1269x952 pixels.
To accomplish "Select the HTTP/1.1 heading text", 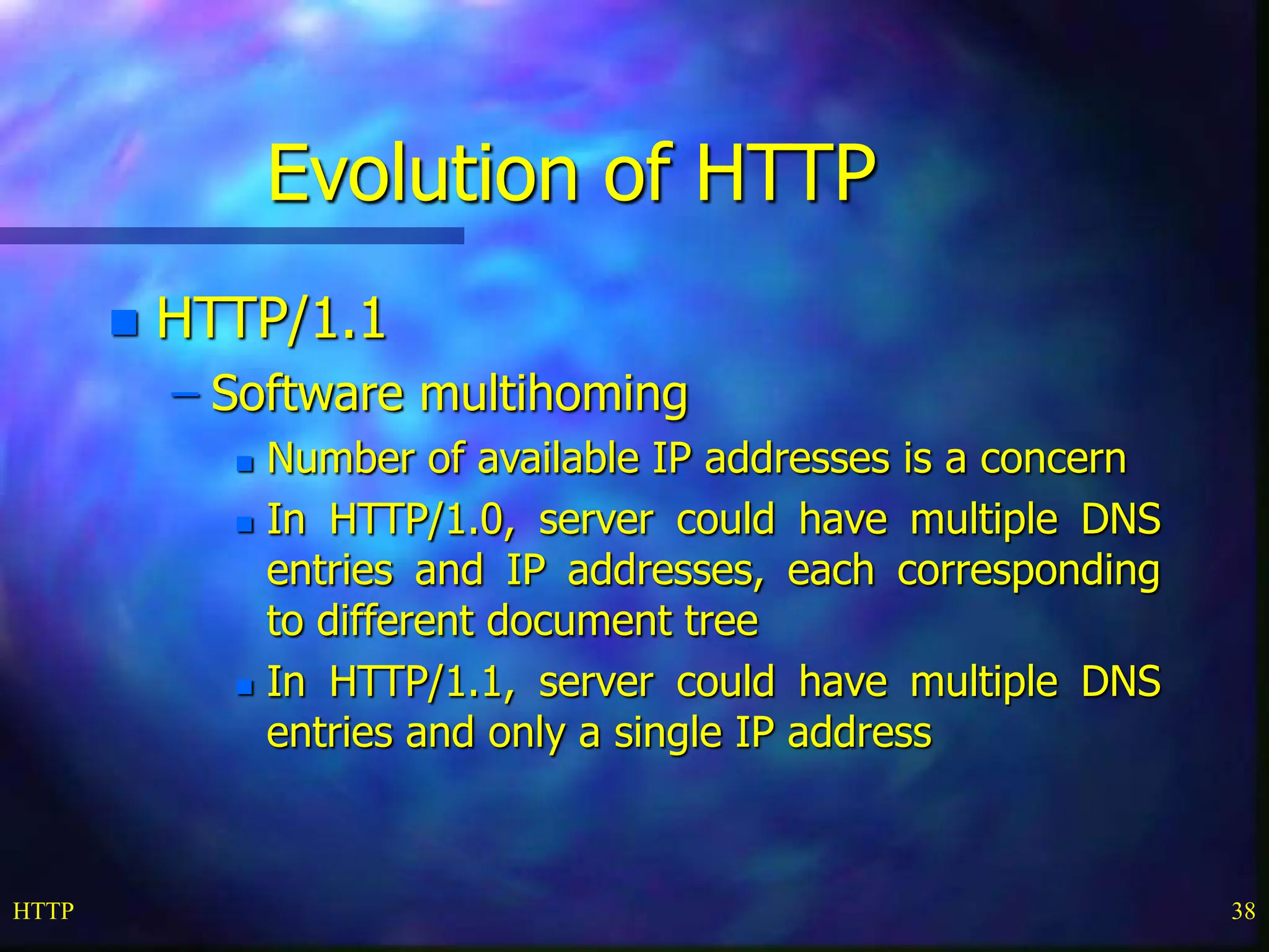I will pyautogui.click(x=271, y=319).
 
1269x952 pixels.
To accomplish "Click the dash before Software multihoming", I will pyautogui.click(x=186, y=394).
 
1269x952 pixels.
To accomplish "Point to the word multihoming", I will pyautogui.click(x=553, y=394).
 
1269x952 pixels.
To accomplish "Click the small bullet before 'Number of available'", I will pyautogui.click(x=245, y=464).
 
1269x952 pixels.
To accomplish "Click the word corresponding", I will pyautogui.click(x=1028, y=571).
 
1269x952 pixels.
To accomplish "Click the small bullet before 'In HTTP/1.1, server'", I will pyautogui.click(x=245, y=687).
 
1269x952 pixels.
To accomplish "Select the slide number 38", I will pyautogui.click(x=1243, y=911).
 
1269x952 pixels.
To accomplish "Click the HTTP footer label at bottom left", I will pyautogui.click(x=43, y=911).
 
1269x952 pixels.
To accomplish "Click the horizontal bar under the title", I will pyautogui.click(x=232, y=236).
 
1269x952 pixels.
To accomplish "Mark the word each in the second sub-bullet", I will pyautogui.click(x=830, y=570).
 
